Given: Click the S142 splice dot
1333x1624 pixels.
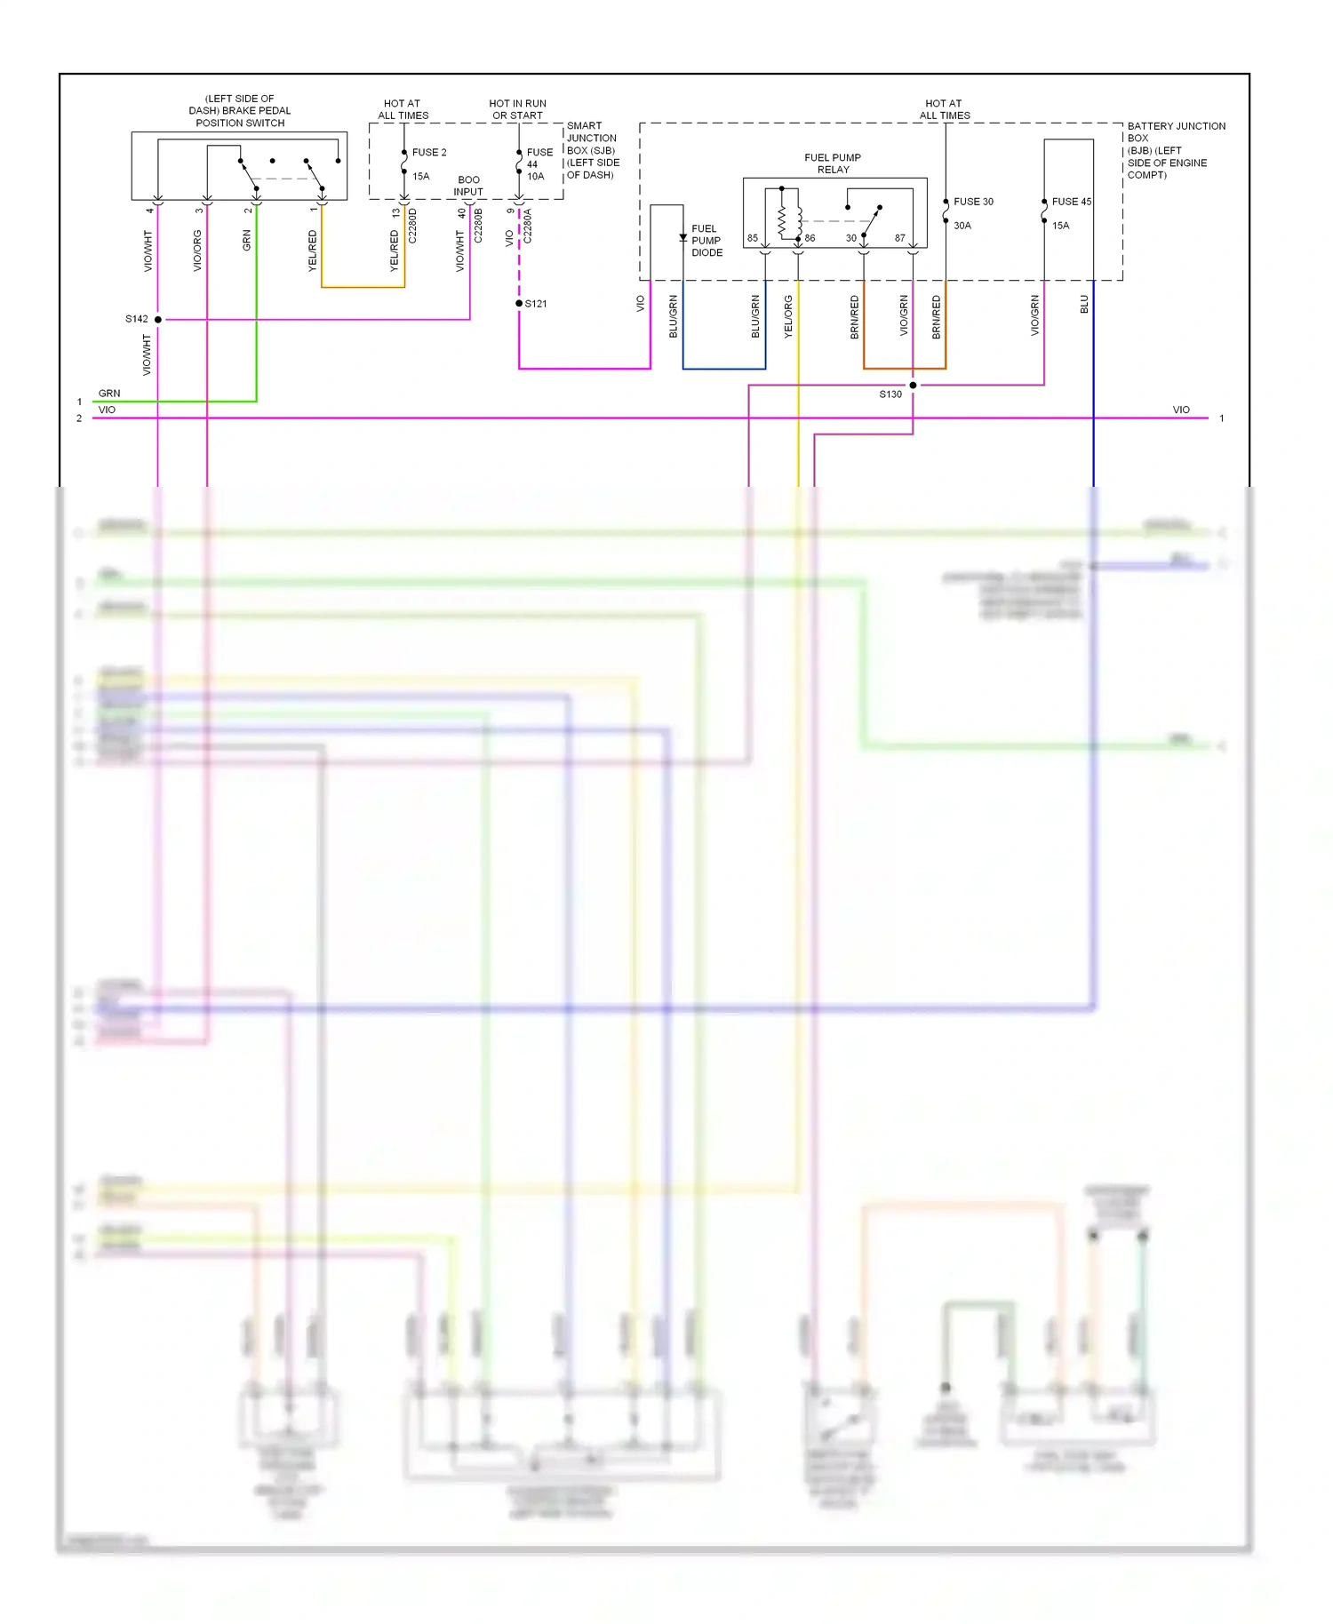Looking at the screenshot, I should pos(158,319).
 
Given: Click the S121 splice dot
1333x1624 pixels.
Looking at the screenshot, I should pos(519,304).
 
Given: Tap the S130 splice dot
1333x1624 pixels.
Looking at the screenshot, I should pos(913,385).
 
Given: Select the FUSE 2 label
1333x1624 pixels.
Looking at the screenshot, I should pos(429,153).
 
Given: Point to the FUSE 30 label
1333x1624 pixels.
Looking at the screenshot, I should pos(973,202).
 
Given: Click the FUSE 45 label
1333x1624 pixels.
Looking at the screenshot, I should pos(1071,202).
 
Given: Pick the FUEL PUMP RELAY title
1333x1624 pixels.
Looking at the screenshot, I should pos(833,163).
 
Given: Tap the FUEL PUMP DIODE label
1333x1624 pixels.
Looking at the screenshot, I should pos(706,241).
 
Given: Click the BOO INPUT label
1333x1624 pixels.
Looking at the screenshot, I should pos(468,186).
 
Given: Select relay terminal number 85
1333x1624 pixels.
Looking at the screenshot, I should pos(753,238).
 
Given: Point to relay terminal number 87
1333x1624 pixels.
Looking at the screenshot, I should pos(900,238).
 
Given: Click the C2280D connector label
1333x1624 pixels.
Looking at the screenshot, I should pos(412,226).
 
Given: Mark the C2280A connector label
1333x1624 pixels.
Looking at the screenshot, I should pos(527,227).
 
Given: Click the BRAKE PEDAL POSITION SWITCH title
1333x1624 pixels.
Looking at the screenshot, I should pos(240,111).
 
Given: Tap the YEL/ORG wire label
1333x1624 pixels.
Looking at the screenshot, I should pos(788,316).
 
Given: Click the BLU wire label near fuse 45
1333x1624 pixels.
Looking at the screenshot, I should pos(1084,305).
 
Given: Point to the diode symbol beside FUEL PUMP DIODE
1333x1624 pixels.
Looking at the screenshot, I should pos(682,238).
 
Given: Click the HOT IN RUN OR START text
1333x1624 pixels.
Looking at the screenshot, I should pos(517,109).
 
